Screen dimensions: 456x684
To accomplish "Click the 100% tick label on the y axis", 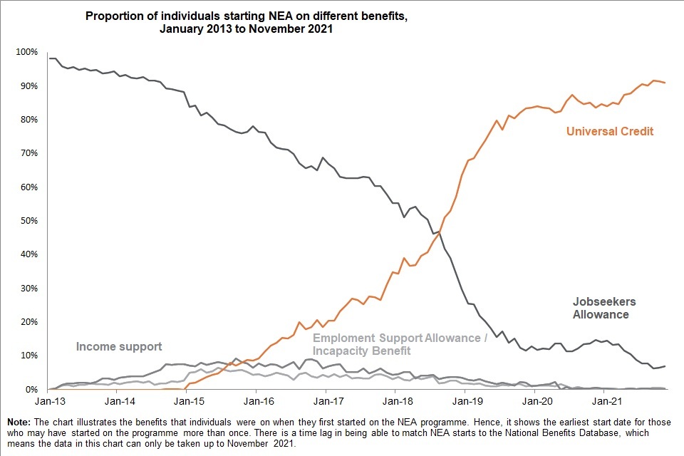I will pos(26,52).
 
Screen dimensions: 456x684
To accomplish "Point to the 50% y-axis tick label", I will pos(28,221).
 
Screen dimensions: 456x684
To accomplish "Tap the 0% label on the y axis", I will pos(31,390).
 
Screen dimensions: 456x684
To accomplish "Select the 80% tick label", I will pos(28,120).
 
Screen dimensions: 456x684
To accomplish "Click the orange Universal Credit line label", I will pos(610,131).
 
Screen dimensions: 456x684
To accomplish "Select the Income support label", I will pos(119,347).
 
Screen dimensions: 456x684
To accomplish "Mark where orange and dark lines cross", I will pos(438,232).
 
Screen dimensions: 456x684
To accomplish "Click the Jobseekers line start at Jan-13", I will pos(48,58).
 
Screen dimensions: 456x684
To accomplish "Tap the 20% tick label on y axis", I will pos(28,322).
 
